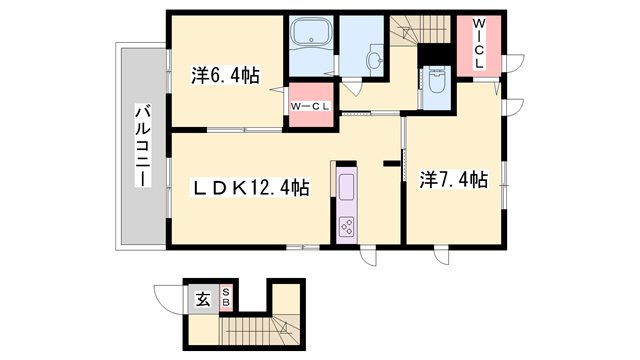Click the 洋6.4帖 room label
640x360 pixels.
pos(225,76)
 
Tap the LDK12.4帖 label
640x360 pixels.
pos(250,188)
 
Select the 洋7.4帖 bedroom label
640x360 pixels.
pos(453,180)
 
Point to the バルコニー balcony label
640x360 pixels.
pos(143,146)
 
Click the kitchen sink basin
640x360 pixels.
pos(347,187)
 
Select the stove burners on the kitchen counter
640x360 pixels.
pos(347,227)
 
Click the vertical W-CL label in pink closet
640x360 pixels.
pos(478,43)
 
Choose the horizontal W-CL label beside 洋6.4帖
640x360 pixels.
pos(310,107)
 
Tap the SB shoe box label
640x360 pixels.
pos(226,297)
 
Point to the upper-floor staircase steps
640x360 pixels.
pos(420,29)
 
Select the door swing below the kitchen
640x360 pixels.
pos(369,256)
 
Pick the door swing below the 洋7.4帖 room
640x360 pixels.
pos(442,256)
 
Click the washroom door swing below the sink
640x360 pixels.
pos(352,87)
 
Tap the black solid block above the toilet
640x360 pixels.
pos(434,53)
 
